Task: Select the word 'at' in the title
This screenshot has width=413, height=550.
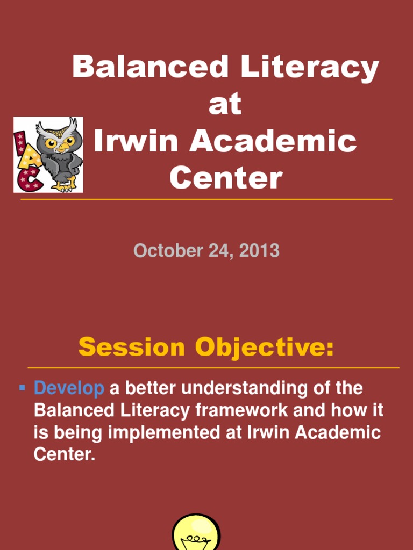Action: point(225,105)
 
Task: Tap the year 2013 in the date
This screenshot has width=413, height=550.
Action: point(259,251)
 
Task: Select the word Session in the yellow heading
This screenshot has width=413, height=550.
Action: point(132,348)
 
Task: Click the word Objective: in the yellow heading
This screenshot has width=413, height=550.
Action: point(264,349)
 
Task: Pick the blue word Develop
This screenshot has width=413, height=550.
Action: point(69,388)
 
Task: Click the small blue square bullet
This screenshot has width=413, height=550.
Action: point(23,387)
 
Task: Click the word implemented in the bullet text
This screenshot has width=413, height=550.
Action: point(162,433)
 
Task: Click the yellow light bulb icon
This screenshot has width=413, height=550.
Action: point(196,533)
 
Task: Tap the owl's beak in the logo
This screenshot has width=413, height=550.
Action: point(62,146)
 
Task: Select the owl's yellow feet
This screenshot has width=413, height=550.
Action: point(63,186)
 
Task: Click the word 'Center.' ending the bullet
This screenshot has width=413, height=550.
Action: point(65,455)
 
